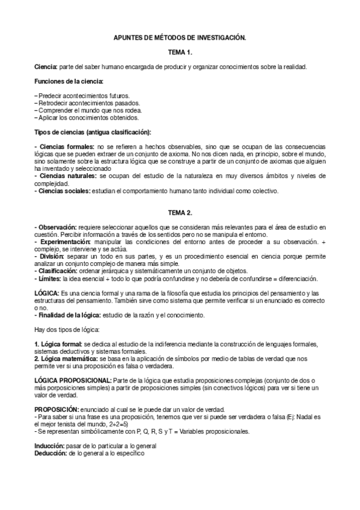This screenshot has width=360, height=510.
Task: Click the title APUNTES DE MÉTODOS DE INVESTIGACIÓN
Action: click(x=180, y=37)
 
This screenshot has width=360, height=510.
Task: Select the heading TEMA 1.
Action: click(x=180, y=52)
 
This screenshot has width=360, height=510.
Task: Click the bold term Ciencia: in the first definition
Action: click(x=46, y=66)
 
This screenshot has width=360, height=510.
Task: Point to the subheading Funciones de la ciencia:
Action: click(x=69, y=81)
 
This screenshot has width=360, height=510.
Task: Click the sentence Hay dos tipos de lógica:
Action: click(x=67, y=330)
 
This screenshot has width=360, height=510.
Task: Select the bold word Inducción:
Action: click(x=51, y=446)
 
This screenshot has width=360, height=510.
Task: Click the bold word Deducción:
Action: click(x=51, y=453)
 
